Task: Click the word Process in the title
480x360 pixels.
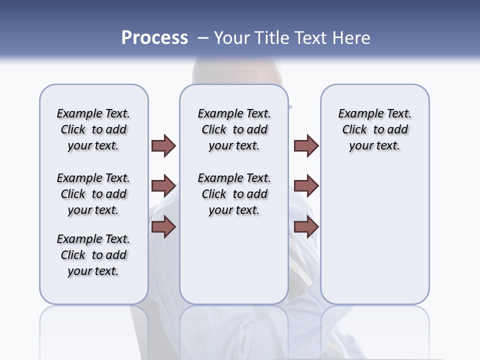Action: click(x=154, y=38)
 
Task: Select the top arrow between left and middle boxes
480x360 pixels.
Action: click(x=163, y=146)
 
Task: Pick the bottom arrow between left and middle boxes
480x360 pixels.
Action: click(x=163, y=227)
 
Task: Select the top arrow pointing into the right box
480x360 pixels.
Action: click(x=306, y=146)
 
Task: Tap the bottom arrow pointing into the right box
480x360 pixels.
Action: click(x=306, y=227)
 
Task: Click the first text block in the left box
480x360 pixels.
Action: click(x=93, y=130)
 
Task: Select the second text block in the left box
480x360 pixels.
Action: click(x=93, y=194)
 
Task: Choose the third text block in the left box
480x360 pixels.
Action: click(x=93, y=255)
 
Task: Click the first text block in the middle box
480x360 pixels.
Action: click(x=234, y=130)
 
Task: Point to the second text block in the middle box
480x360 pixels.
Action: click(x=234, y=194)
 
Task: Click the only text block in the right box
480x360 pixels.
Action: click(x=375, y=130)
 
